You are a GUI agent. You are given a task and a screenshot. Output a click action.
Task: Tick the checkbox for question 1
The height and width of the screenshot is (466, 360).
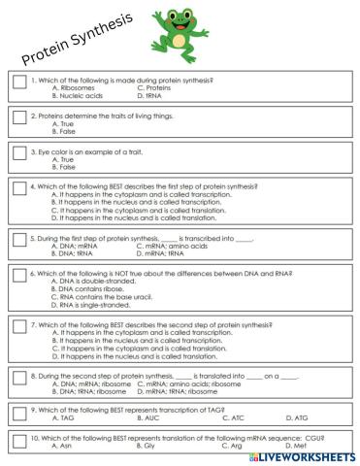[19, 85]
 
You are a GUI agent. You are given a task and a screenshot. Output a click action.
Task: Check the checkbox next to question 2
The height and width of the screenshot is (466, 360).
[19, 118]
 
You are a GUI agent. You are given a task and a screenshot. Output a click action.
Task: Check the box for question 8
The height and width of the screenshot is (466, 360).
[19, 379]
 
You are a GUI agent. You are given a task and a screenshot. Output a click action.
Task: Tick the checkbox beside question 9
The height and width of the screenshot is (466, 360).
[19, 413]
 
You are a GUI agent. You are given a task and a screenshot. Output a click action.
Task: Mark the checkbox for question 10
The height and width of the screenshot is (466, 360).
[19, 444]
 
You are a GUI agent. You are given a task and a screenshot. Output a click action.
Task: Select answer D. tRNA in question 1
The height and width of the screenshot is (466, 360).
[152, 95]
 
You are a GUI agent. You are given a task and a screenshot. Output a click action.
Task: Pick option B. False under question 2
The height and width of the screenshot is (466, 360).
[66, 131]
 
